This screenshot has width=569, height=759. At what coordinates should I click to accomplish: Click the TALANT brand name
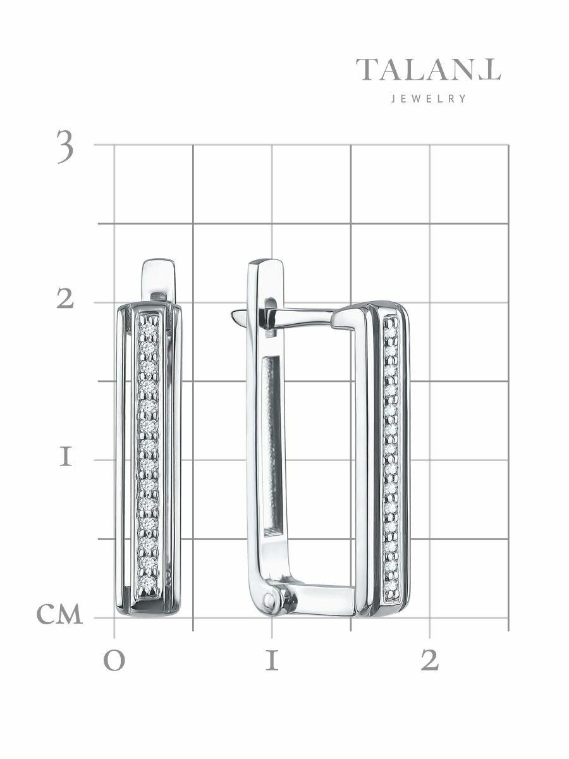[x=429, y=70]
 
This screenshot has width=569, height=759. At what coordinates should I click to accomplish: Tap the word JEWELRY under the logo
[x=429, y=99]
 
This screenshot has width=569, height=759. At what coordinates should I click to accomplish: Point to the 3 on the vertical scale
[x=65, y=146]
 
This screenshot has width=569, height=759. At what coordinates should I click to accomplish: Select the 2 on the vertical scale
[x=65, y=299]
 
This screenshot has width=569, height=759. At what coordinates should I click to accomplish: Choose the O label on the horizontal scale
[x=114, y=662]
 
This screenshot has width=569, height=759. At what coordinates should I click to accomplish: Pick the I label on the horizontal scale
[x=272, y=660]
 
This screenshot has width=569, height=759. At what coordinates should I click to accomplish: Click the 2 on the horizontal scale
[x=430, y=660]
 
